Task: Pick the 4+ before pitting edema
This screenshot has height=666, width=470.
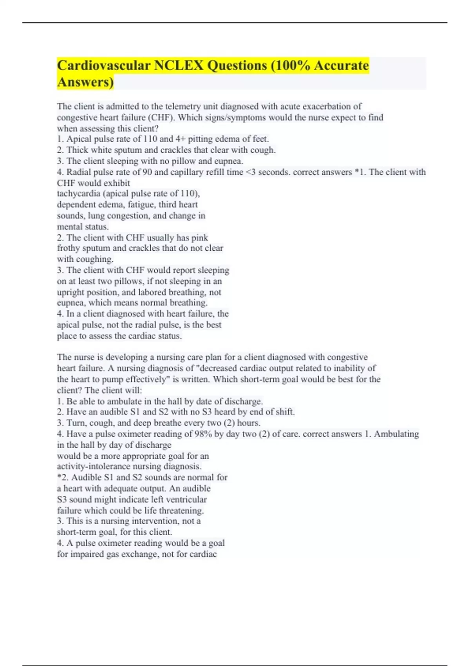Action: pos(181,139)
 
